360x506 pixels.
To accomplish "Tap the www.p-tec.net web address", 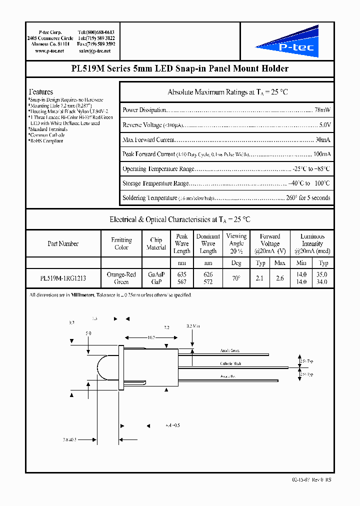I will (47, 51).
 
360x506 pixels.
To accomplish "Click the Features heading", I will (41, 92).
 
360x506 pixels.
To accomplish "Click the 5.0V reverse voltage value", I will (324, 125).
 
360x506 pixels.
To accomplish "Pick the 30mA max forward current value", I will (322, 139).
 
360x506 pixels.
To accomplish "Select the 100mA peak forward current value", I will (321, 154).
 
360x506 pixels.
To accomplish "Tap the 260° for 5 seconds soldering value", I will (303, 198).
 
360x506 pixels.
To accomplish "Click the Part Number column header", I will (63, 244).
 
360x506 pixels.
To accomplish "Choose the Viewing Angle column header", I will (236, 243).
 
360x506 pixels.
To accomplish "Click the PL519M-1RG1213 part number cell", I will (63, 278).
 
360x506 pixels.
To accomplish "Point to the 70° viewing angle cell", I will (236, 278).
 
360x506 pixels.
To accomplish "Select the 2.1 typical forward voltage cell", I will (259, 278).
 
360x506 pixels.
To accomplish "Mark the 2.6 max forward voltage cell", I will (280, 278).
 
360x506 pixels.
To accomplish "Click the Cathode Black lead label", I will (231, 364).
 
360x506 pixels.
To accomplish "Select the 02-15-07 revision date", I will (300, 479).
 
